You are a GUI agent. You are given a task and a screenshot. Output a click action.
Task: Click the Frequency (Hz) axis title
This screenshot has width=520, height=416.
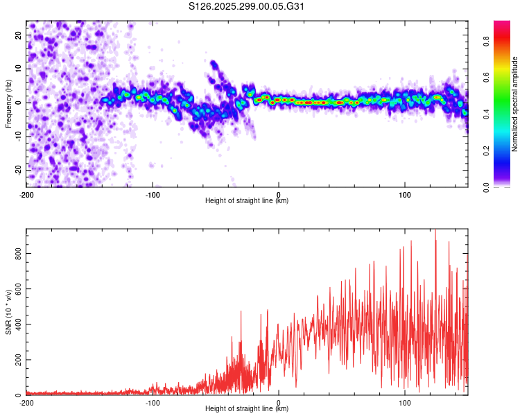9,102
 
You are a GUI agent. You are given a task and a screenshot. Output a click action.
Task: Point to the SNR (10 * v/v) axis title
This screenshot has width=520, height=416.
9,313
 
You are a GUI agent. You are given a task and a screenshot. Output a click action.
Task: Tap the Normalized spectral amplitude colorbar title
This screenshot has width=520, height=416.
515,104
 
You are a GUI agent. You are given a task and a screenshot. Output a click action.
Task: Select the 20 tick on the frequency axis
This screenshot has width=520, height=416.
19,35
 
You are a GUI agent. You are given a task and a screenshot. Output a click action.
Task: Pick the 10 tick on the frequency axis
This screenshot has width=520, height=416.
19,69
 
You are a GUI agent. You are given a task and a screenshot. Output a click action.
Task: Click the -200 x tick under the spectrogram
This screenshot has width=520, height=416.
26,194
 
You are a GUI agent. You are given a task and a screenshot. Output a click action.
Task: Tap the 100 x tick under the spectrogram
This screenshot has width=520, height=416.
405,194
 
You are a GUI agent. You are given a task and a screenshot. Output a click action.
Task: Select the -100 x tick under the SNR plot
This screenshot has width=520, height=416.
153,402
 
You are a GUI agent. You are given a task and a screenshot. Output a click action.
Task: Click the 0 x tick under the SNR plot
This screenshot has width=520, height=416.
279,402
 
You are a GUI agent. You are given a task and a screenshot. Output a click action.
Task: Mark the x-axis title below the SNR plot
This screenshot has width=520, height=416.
247,409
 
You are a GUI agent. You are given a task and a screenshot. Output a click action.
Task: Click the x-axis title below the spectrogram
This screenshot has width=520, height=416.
247,201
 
